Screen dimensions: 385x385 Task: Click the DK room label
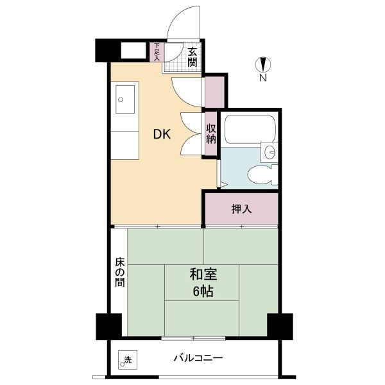click(x=162, y=134)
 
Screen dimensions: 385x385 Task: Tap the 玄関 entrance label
click(x=193, y=57)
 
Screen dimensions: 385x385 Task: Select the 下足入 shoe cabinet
click(x=157, y=52)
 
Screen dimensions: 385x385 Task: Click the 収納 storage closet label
click(x=211, y=133)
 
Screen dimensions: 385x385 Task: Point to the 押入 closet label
click(x=242, y=209)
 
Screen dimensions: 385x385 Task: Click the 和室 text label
click(x=203, y=275)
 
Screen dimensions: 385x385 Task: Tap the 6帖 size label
click(x=203, y=292)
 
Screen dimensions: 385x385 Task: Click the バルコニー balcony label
click(x=198, y=358)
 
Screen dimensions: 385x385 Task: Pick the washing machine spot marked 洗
click(x=128, y=360)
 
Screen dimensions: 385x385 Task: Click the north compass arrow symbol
click(x=263, y=65)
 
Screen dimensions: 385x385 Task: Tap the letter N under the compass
click(x=263, y=78)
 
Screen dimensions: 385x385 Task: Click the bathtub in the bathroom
click(x=250, y=130)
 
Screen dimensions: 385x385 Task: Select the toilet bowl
click(x=262, y=175)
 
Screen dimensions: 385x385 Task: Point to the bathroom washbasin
click(x=269, y=152)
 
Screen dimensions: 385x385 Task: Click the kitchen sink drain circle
click(x=121, y=99)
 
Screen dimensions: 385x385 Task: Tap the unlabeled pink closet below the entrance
click(x=215, y=92)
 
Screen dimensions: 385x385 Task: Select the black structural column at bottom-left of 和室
click(x=109, y=327)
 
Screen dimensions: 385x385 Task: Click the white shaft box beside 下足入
click(x=133, y=51)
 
